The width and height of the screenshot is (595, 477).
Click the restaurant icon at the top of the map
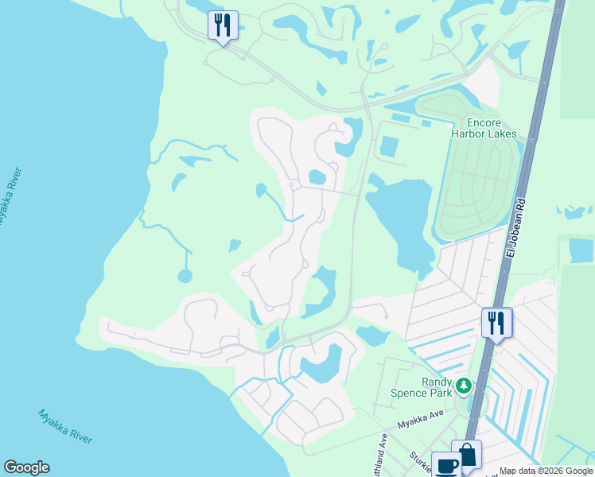tap(223, 25)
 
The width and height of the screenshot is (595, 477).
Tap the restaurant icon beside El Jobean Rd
tap(496, 323)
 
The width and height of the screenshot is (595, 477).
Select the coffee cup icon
tap(446, 465)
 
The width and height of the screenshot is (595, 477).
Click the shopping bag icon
tap(467, 455)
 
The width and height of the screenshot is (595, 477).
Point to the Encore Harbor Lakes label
tap(483, 128)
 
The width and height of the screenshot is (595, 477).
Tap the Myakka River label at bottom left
tap(65, 427)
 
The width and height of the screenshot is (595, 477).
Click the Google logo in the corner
tap(26, 467)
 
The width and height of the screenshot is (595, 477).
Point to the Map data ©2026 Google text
tap(545, 471)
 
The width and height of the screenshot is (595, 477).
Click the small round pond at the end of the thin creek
tap(185, 276)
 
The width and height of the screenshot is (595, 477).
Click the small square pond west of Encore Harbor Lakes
tap(390, 146)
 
